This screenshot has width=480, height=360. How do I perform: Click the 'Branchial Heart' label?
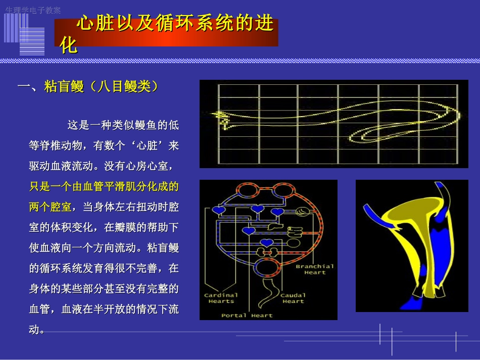click(315, 269)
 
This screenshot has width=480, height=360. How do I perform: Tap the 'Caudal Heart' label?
click(293, 298)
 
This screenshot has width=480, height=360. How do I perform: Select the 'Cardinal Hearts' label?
click(221, 298)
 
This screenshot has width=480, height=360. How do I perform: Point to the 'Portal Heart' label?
click(247, 316)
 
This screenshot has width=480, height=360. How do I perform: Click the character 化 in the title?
click(68, 45)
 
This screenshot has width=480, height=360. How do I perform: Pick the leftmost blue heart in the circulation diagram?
click(218, 210)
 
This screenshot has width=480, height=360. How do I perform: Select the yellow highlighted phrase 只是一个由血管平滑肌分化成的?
click(104, 186)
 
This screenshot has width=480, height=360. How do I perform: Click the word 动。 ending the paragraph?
click(37, 330)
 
